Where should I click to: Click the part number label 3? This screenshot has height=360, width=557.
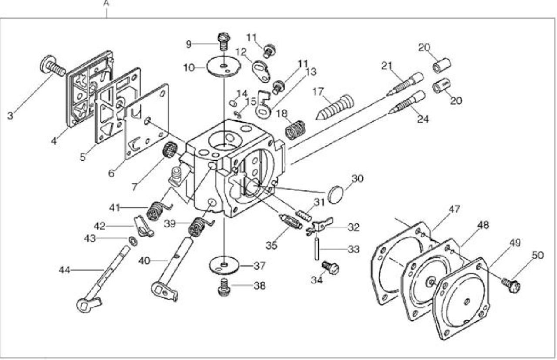10,116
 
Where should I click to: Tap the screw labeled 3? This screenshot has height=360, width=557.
53,65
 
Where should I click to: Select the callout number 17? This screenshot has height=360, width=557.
318,92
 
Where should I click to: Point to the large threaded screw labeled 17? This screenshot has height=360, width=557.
335,107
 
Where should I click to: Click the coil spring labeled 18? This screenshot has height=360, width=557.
295,130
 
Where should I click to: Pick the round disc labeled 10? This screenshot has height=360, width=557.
224,67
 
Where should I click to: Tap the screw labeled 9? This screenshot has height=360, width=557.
224,42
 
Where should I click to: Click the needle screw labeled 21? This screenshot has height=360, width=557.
405,84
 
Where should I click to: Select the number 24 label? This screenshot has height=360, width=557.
423,119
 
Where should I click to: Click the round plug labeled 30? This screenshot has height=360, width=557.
336,194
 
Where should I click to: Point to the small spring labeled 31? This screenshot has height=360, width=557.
303,216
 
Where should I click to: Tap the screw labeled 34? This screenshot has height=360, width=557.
331,267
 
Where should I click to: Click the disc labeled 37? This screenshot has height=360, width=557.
224,266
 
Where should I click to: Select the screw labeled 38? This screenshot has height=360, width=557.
224,287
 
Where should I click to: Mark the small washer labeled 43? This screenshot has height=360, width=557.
133,241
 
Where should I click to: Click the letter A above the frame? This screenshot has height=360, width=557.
106,3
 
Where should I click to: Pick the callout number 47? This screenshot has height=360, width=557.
454,209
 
